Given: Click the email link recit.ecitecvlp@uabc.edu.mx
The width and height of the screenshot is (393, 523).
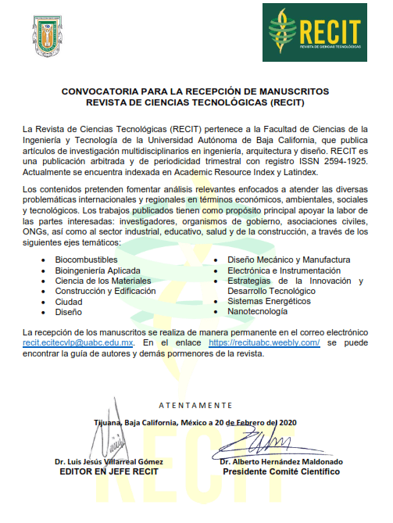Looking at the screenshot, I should tap(78, 343).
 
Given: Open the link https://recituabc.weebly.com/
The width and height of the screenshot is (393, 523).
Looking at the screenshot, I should tap(264, 343).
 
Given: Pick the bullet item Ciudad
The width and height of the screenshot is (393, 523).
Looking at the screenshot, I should tap(69, 301).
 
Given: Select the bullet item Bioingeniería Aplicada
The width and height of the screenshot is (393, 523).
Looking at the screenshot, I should tap(98, 270).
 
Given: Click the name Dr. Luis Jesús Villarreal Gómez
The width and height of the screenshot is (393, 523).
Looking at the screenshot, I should tap(105, 462).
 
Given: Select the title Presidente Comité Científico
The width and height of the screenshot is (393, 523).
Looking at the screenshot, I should tap(281, 472).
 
